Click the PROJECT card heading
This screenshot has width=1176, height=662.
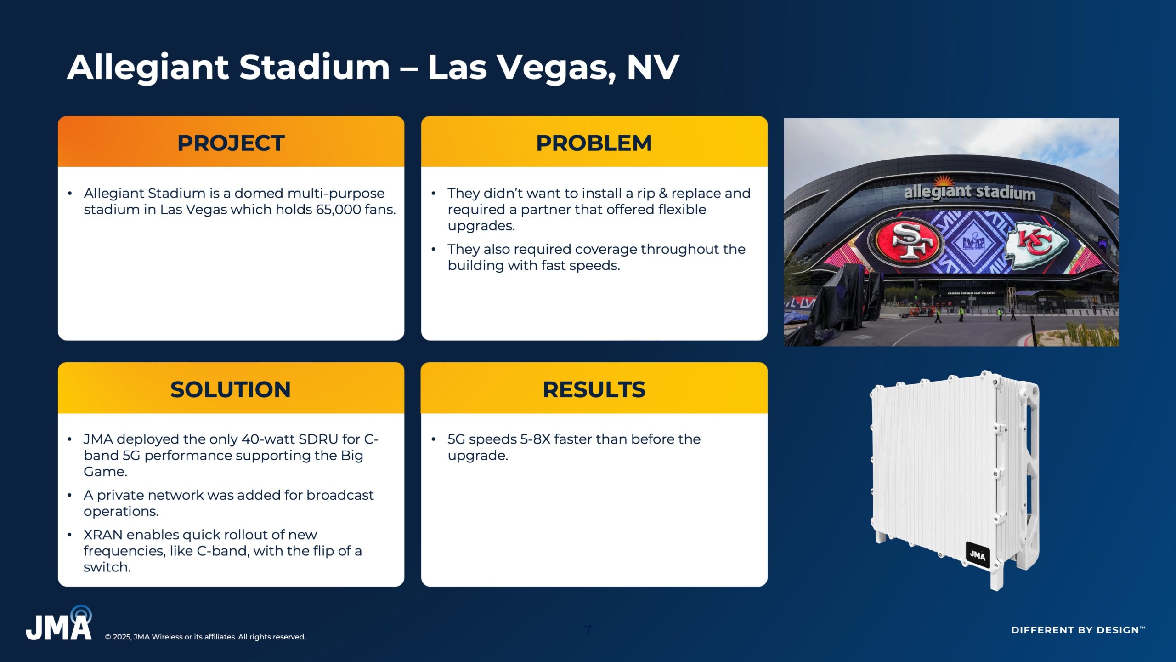[x=231, y=143]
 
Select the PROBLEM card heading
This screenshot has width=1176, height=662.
[x=594, y=143]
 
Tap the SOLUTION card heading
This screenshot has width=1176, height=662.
[x=231, y=389]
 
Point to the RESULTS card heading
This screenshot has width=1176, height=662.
[x=594, y=389]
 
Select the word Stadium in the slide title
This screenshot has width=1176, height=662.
[x=315, y=67]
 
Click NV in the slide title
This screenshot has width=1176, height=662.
[x=653, y=67]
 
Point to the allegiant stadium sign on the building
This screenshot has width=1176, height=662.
[x=970, y=192]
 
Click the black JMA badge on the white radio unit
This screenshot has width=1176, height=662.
[x=978, y=555]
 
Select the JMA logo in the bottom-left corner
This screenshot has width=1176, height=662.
[x=59, y=623]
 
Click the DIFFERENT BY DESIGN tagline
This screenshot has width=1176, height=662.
[x=1078, y=630]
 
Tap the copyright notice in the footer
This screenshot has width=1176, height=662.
[x=205, y=637]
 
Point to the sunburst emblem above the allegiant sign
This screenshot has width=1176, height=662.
[x=943, y=180]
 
